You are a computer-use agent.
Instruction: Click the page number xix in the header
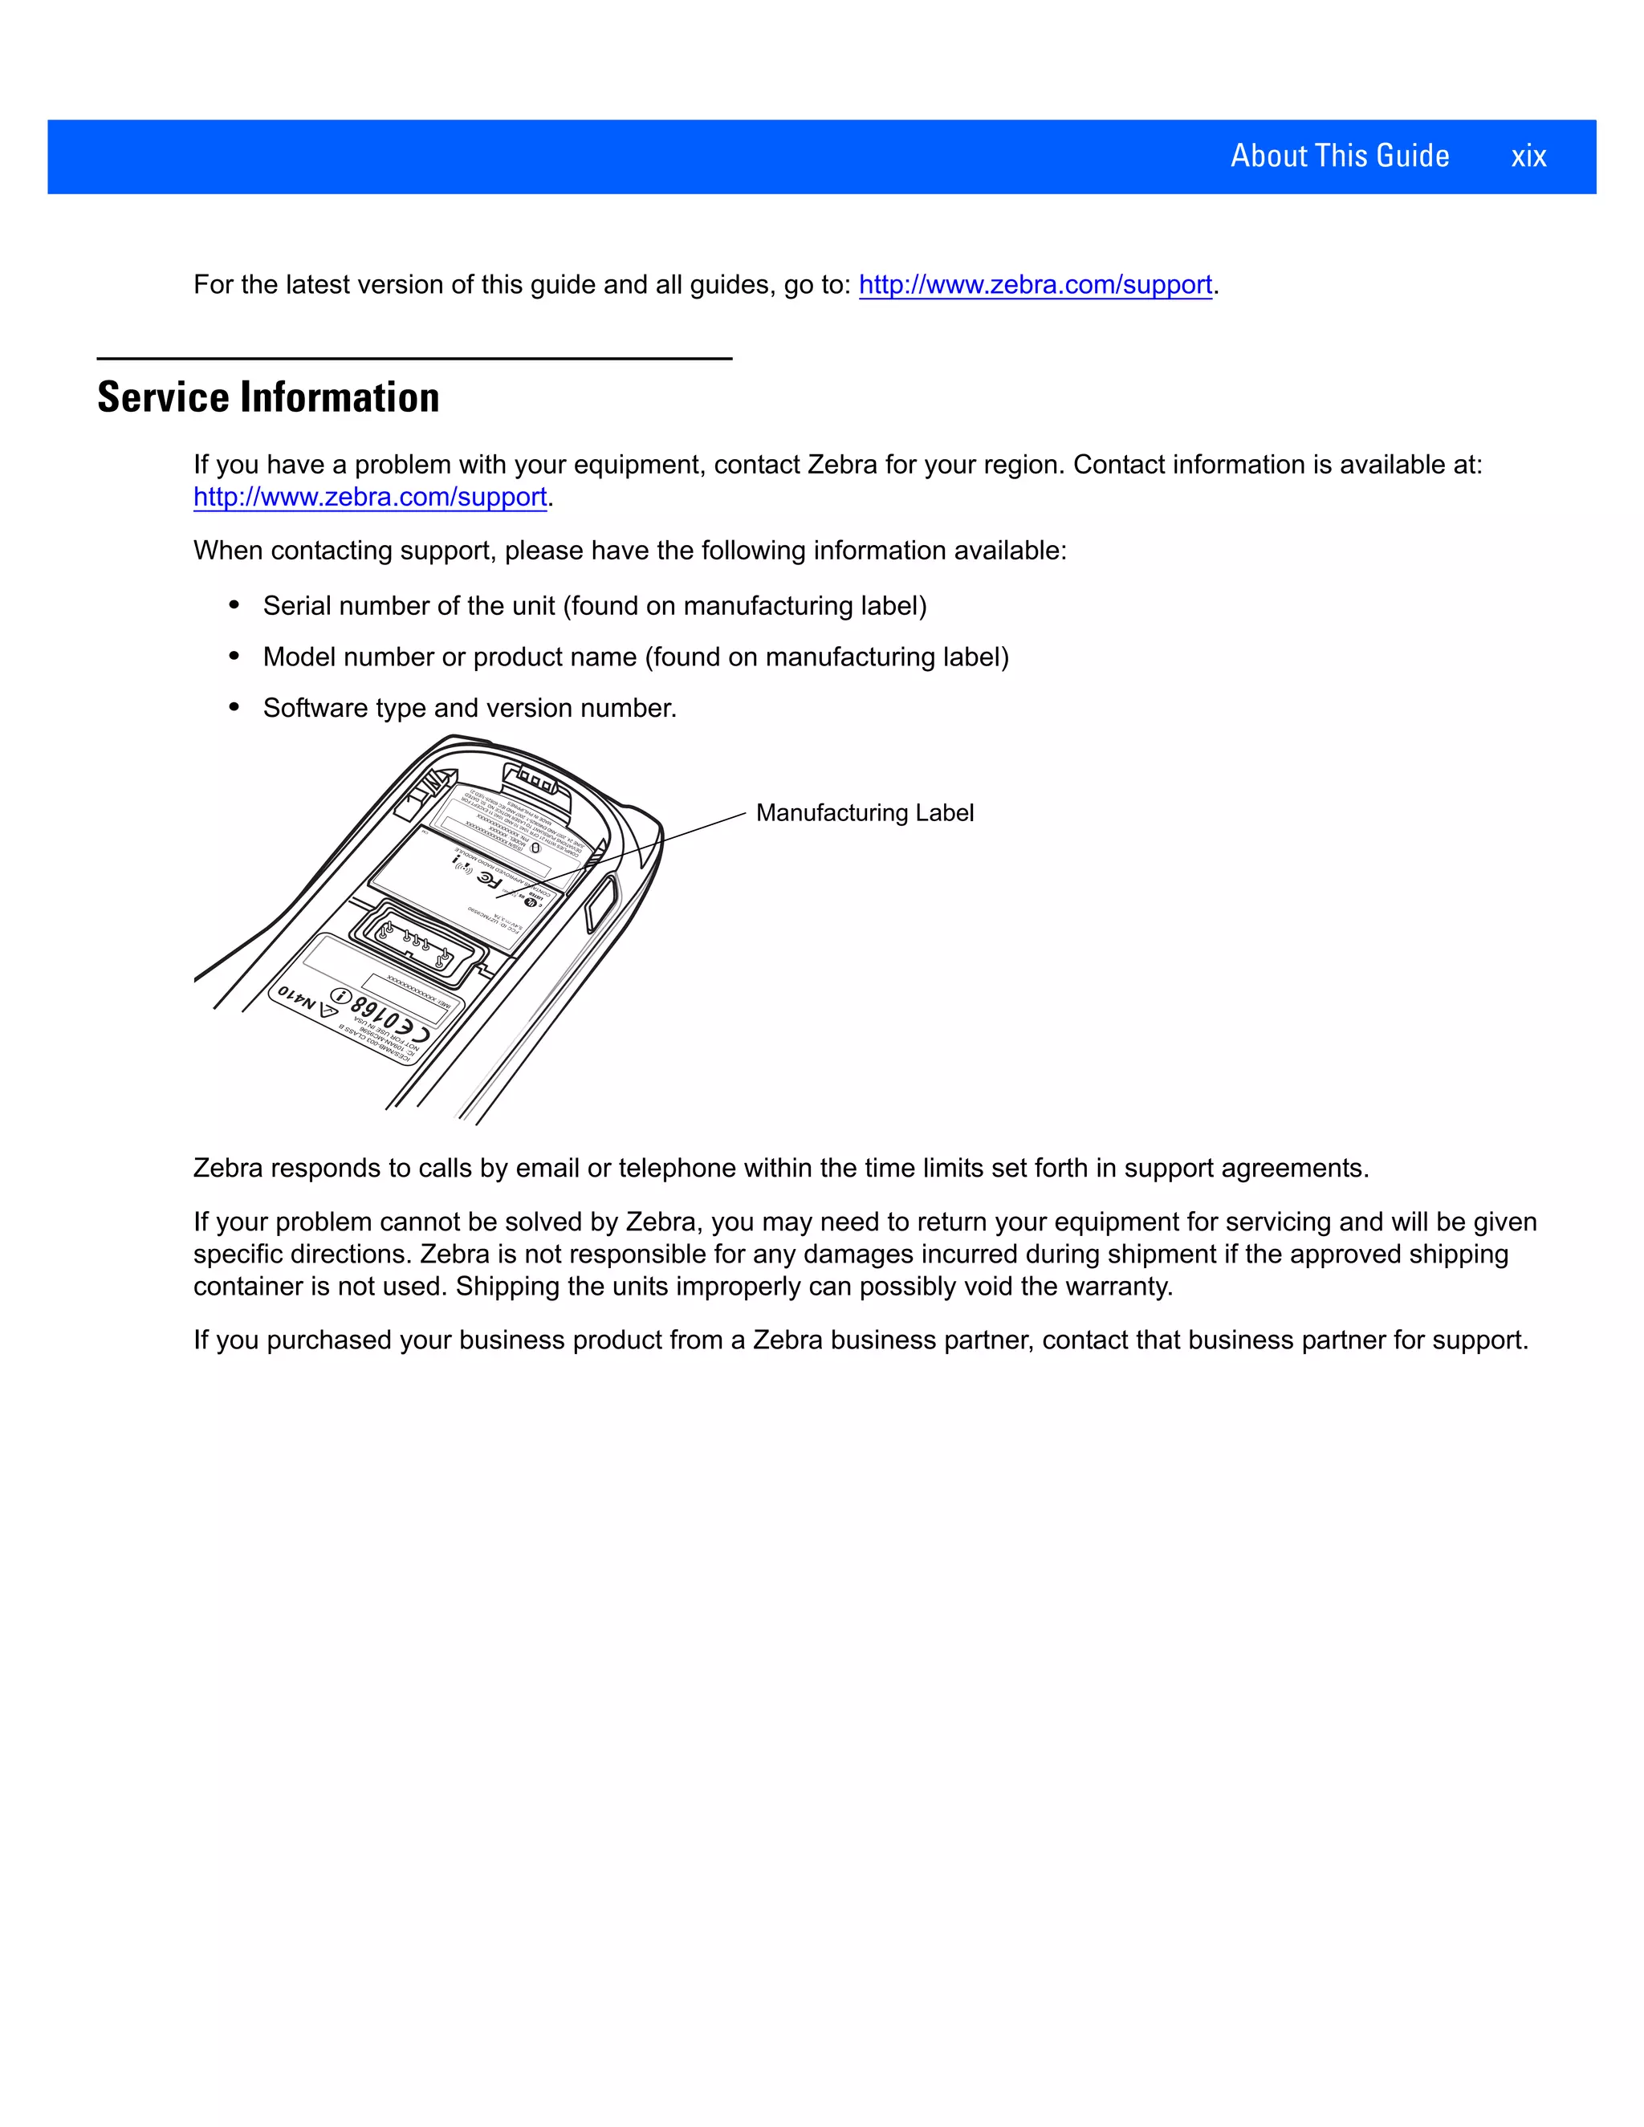point(1528,157)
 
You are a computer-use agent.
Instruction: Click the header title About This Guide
point(1339,156)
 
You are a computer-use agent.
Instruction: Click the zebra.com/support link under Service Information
point(369,497)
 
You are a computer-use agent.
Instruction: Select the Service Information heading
point(268,397)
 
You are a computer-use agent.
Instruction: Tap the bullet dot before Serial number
point(234,605)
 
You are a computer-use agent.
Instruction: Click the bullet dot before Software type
point(234,707)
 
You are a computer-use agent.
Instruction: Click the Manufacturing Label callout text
point(864,812)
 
